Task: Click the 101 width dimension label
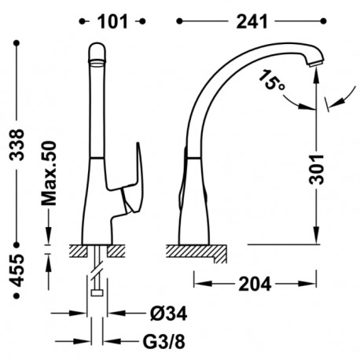(112, 22)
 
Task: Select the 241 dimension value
(252, 22)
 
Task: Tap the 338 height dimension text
(17, 145)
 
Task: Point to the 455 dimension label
(17, 270)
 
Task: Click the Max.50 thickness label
(49, 174)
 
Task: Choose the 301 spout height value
(317, 170)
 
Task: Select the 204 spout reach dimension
(255, 284)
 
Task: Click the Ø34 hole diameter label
(169, 314)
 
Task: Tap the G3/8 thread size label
(164, 341)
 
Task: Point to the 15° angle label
(271, 80)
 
